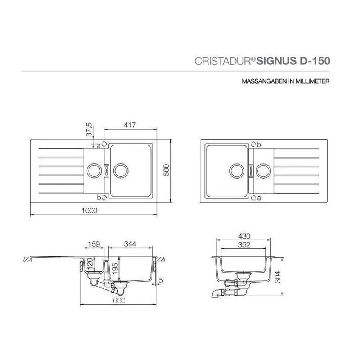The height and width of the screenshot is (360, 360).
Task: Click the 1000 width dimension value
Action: (90, 210)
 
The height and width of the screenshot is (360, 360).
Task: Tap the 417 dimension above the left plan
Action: (130, 125)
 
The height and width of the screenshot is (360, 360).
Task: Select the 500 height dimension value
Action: (166, 170)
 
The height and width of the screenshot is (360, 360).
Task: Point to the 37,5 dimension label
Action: (89, 130)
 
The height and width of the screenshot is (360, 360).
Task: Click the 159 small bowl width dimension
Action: (94, 244)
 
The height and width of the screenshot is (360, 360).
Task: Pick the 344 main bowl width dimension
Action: (130, 244)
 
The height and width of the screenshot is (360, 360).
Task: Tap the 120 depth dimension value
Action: (90, 264)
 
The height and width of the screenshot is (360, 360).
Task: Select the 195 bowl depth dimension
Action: (115, 268)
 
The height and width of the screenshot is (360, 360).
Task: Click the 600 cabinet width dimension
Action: (119, 301)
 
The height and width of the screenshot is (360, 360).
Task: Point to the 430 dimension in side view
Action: (244, 236)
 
